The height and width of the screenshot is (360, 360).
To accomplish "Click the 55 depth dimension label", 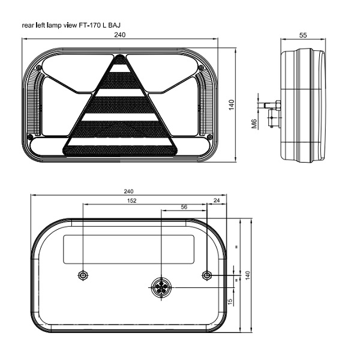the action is pos(303,35).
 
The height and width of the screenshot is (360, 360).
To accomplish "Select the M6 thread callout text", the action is pos(254,124).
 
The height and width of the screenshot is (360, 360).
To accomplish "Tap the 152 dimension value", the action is pos(131,201).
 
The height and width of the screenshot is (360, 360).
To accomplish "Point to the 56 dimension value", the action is pos(184,207).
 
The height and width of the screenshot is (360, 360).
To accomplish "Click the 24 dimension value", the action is pos(217,200).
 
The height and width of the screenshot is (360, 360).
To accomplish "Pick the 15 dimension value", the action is pos(230,301).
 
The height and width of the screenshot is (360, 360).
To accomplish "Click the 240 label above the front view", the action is pos(120,35).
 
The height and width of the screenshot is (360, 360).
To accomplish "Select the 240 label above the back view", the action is pos(128,191).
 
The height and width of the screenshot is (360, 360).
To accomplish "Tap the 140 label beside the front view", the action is pos(232,105).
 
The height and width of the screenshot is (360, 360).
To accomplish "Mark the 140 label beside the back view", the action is pos(247,275).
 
